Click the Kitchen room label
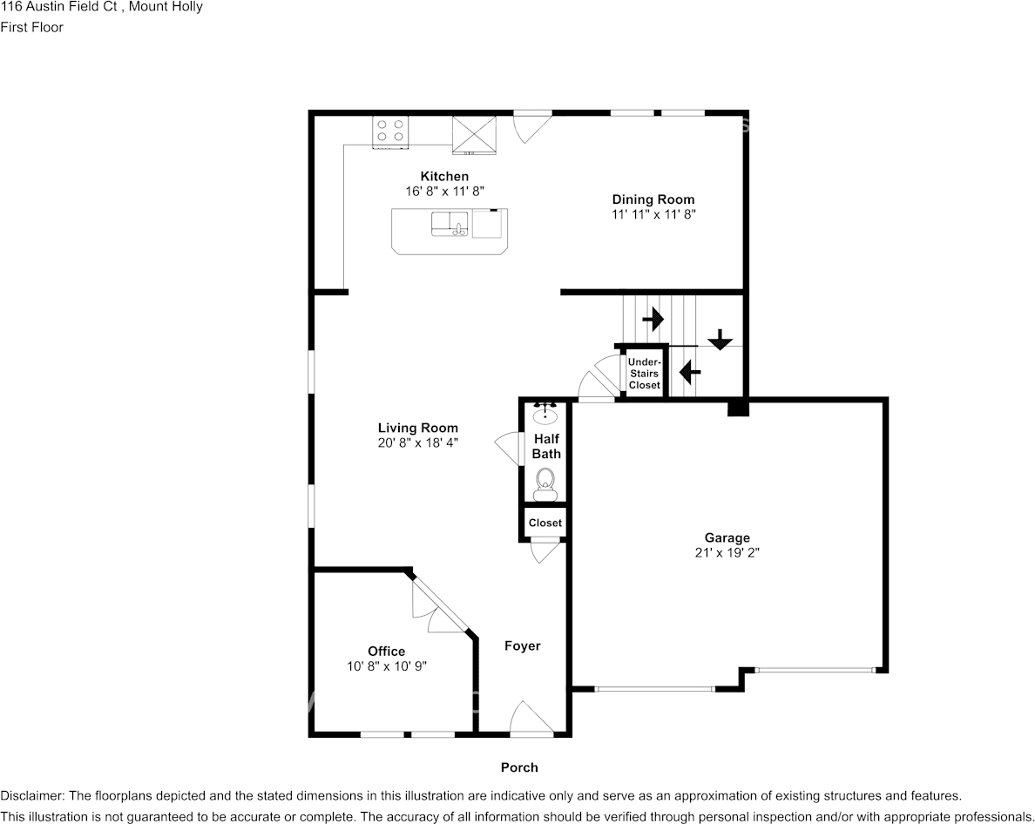click(444, 176)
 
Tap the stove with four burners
click(391, 131)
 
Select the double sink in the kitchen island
click(450, 224)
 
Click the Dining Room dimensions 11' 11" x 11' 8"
click(653, 213)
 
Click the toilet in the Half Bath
click(545, 482)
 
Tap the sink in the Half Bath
click(546, 410)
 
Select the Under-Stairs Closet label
click(645, 373)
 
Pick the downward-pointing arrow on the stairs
click(720, 339)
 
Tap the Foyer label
click(523, 646)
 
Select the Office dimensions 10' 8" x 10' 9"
click(386, 665)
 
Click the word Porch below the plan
click(519, 767)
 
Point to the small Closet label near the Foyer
click(545, 523)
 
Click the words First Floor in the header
click(31, 27)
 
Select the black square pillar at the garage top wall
click(738, 407)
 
